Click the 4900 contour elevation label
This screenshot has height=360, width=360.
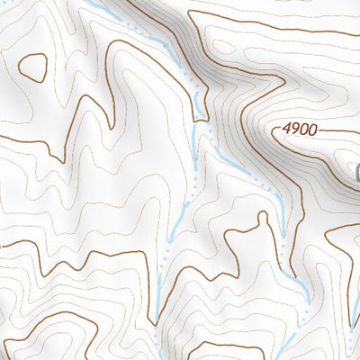click(x=298, y=130)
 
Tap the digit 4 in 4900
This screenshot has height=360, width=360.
click(x=285, y=130)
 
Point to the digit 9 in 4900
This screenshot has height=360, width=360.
click(x=293, y=130)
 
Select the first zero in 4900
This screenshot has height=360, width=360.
click(x=302, y=130)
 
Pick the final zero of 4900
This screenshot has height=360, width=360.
click(x=311, y=130)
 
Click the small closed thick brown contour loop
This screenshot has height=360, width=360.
click(x=33, y=66)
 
